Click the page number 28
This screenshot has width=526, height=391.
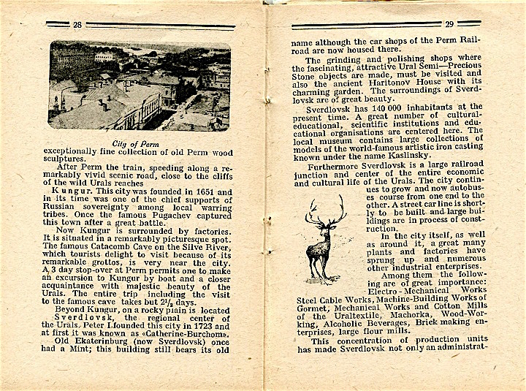pyautogui.click(x=77, y=24)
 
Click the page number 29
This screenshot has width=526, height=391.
pyautogui.click(x=449, y=24)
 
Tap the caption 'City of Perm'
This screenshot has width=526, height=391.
pyautogui.click(x=140, y=144)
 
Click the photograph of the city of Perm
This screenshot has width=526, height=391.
pyautogui.click(x=140, y=86)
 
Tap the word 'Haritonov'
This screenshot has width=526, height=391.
pyautogui.click(x=392, y=84)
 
